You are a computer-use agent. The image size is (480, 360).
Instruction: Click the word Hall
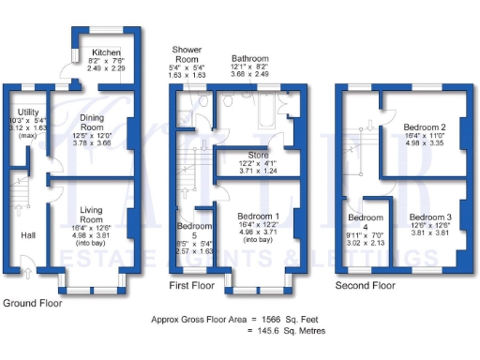28,236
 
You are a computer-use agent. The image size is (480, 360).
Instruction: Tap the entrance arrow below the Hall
26,273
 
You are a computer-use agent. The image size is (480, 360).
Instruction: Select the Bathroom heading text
250,58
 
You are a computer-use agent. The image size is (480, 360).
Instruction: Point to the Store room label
257,155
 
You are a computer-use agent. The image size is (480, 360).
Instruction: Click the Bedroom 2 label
423,127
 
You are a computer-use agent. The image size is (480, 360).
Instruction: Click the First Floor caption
191,284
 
